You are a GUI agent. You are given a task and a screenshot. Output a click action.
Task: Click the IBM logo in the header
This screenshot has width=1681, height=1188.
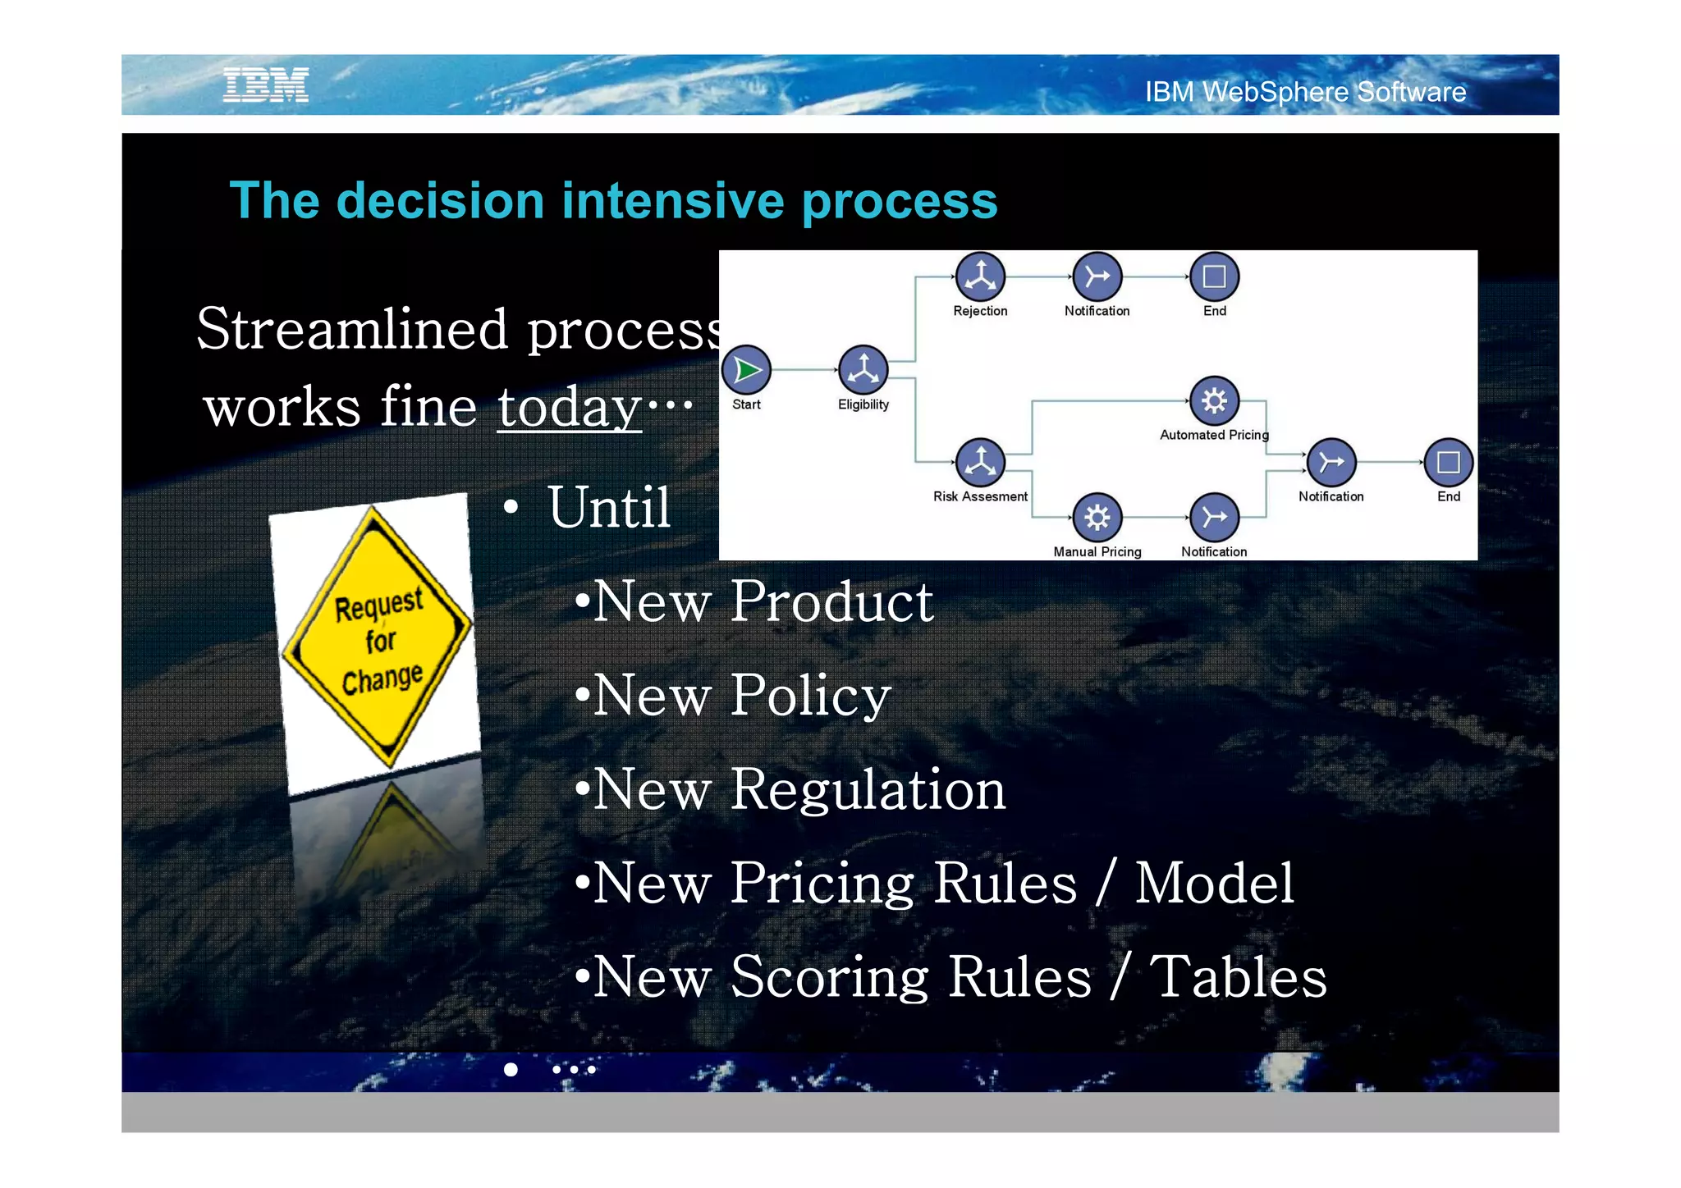[x=266, y=85]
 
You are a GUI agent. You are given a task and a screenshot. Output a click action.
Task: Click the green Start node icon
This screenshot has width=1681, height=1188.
[x=746, y=370]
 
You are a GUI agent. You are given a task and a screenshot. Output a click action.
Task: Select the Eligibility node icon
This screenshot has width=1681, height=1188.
[x=863, y=370]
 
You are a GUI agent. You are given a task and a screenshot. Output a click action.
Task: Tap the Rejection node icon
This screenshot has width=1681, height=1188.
[x=980, y=276]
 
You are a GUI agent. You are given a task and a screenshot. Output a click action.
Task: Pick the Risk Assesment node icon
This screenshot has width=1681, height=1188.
[x=980, y=462]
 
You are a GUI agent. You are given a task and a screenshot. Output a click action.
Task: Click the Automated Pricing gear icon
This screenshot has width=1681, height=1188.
[x=1214, y=401]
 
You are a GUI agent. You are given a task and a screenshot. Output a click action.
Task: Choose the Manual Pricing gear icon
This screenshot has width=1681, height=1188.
[x=1097, y=517]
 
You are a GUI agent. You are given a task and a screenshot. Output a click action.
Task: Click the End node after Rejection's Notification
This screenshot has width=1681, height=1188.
[x=1214, y=276]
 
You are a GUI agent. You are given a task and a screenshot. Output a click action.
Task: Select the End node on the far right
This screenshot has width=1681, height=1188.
[x=1448, y=462]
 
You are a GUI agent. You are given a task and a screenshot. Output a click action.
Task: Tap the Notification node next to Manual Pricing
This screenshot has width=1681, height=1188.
[x=1214, y=517]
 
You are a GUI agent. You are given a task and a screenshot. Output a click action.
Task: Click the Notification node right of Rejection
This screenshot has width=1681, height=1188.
[x=1097, y=276]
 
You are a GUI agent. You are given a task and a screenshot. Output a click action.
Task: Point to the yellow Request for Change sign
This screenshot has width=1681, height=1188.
[x=378, y=638]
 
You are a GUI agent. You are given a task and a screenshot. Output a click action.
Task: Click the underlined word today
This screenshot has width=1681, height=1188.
[x=570, y=407]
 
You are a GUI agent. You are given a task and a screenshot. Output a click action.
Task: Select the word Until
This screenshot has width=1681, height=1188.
[x=609, y=507]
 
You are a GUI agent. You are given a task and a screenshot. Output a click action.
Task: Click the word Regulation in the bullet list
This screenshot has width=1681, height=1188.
[x=868, y=789]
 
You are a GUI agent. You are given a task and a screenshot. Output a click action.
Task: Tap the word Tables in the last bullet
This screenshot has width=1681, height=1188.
[x=1238, y=976]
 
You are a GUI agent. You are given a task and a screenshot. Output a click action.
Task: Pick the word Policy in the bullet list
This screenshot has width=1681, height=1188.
[x=810, y=696]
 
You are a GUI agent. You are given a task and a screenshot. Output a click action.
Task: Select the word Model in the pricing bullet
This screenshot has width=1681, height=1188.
[x=1214, y=883]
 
